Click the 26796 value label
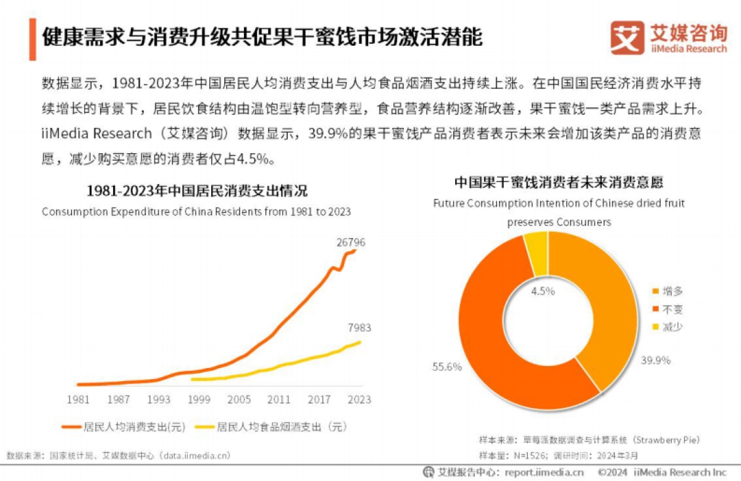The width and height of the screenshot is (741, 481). click(350, 243)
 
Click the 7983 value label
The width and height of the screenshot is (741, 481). click(359, 328)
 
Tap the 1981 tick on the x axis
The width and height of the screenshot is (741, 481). click(78, 399)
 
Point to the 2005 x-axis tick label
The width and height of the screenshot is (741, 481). click(239, 399)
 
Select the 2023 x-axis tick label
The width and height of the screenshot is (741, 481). click(359, 399)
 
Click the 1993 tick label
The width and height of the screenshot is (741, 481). click(158, 399)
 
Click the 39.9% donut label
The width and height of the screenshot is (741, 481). click(656, 361)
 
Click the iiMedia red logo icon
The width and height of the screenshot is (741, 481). click(627, 38)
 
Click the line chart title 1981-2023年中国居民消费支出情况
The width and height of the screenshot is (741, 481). click(196, 190)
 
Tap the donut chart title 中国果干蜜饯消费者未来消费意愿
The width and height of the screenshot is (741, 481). click(559, 183)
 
